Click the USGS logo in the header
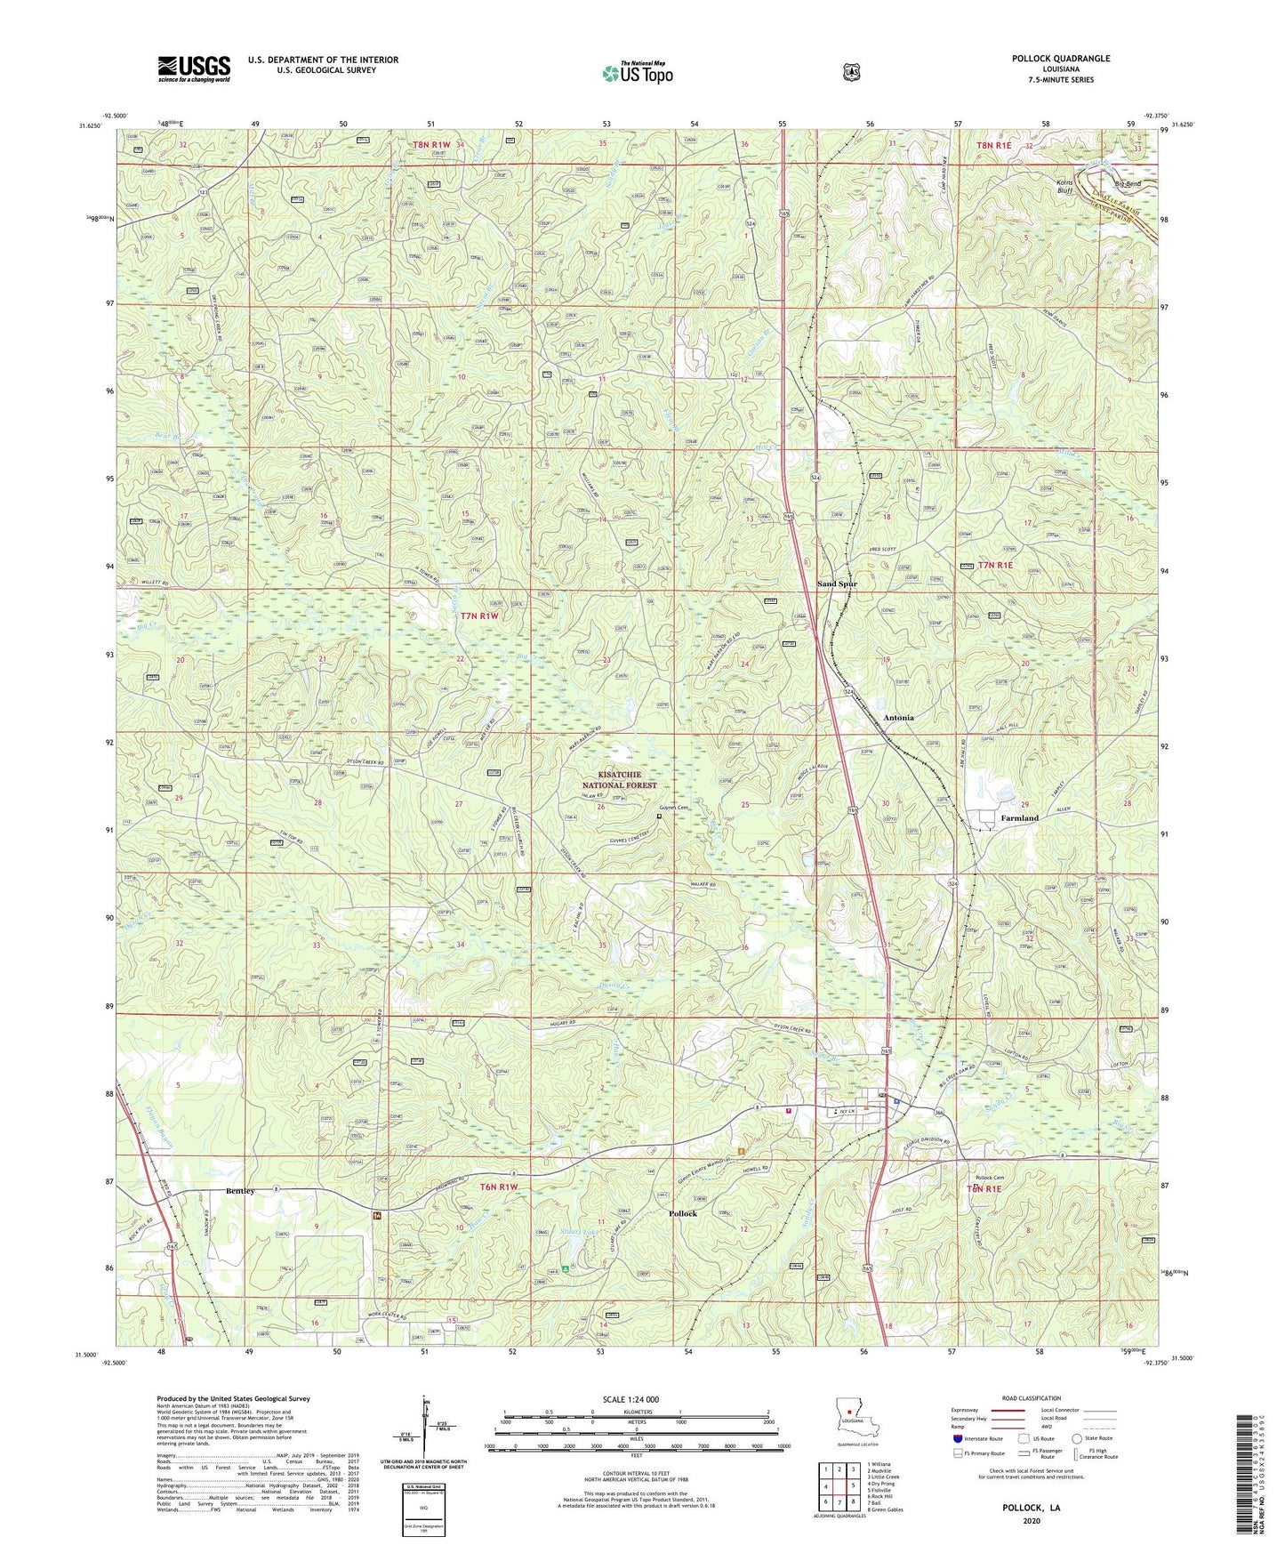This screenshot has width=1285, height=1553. [194, 68]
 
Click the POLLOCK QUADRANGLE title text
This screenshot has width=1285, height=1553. [1060, 59]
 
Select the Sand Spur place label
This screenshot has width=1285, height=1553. [837, 583]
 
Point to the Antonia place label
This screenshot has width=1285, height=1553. [898, 717]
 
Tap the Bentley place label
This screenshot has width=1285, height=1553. [240, 1190]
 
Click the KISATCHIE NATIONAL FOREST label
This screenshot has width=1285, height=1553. [620, 780]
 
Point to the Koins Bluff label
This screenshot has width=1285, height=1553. [1090, 186]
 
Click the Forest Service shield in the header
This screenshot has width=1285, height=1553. [851, 72]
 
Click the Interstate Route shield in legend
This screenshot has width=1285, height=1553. [957, 1437]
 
